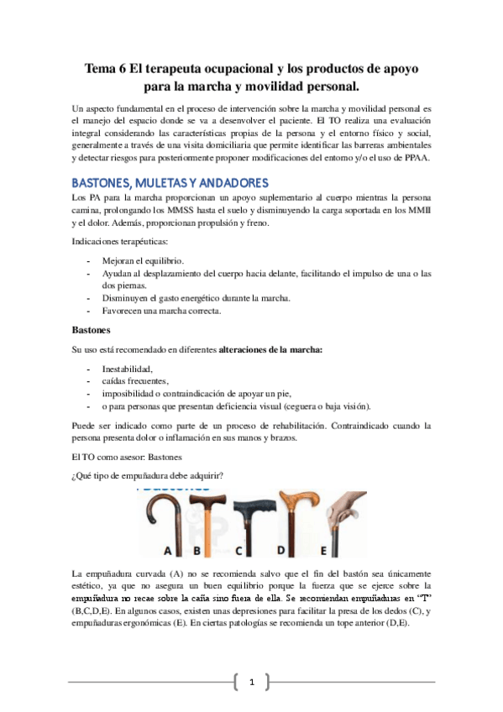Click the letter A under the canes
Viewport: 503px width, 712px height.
(168, 551)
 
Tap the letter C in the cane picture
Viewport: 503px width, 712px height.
(239, 552)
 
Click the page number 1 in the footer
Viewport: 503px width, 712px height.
(251, 682)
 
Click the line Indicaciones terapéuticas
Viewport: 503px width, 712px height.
(123, 243)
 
